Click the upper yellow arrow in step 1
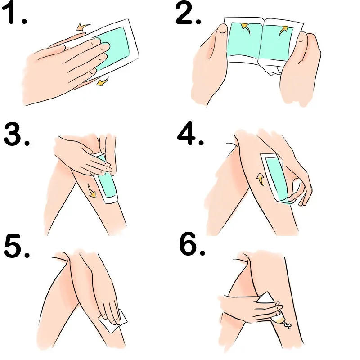click(83, 27)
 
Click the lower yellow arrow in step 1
click(103, 81)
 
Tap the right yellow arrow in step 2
click(283, 30)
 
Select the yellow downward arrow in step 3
click(92, 190)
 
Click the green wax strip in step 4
click(276, 177)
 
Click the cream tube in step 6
click(271, 308)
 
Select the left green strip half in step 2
click(244, 40)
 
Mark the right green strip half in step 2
click(276, 43)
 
